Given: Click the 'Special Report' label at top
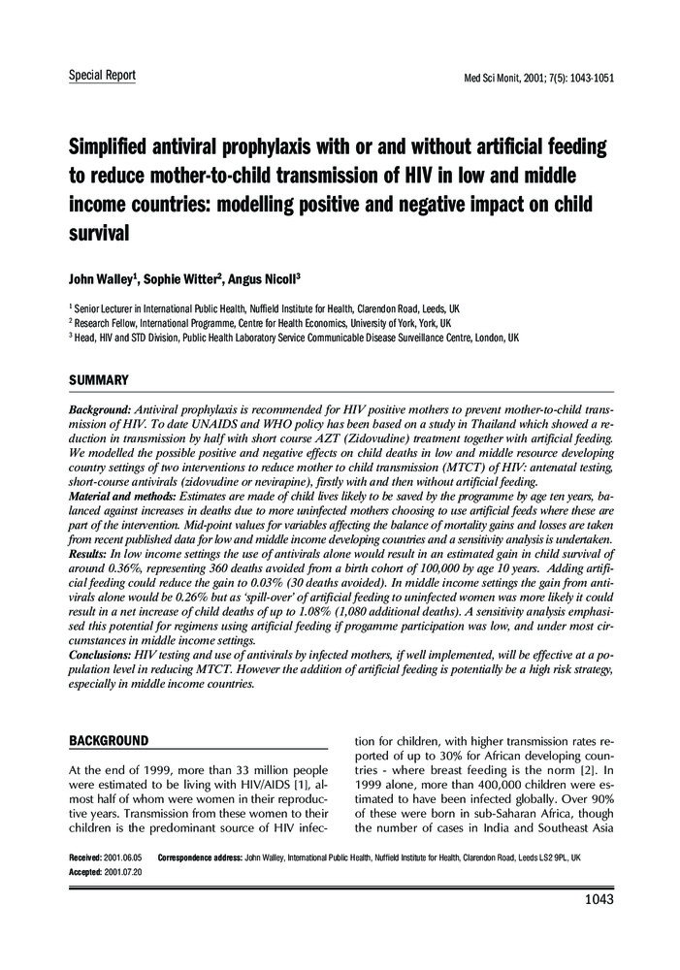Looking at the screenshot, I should (x=102, y=75).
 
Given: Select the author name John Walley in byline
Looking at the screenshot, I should (x=101, y=279).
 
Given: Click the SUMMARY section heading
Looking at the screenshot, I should (x=98, y=379).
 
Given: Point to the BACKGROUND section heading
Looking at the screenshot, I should (x=109, y=741).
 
